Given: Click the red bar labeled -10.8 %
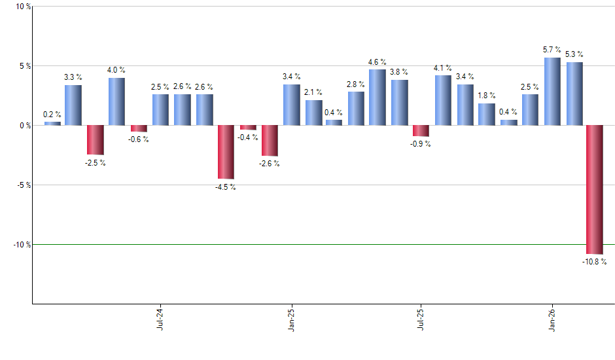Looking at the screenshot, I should tap(595, 189).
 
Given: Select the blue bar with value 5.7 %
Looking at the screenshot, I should tap(552, 92).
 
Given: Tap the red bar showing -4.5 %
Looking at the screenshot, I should tap(226, 152).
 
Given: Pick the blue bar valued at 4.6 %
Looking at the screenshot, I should tap(378, 97).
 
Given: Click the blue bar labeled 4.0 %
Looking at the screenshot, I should tap(116, 101).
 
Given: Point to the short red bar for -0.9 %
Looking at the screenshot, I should tap(421, 131).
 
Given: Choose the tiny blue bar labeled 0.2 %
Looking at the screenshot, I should tap(52, 123).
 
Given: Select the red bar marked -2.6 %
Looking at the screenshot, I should tap(270, 141).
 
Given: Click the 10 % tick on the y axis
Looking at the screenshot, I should tap(23, 7).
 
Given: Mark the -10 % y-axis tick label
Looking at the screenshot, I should tap(21, 244).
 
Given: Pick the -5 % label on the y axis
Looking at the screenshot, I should tap(23, 185).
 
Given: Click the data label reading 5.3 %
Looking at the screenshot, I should tap(574, 54).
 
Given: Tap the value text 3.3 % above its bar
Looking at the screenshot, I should tap(73, 77).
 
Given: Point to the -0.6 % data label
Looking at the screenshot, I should tap(139, 138).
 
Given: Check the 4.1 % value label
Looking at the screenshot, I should tap(443, 68).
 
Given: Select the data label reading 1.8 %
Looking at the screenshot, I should tap(487, 96).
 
